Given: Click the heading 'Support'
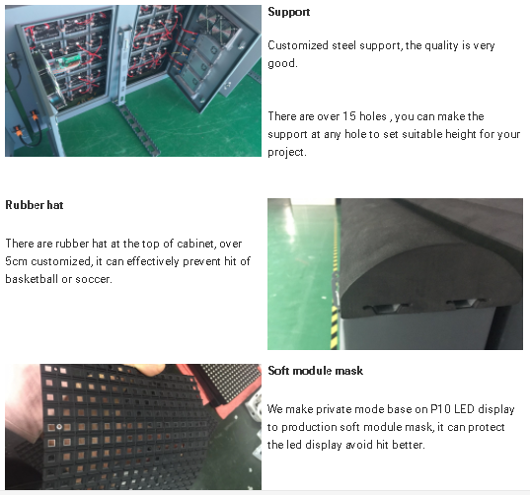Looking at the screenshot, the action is click(x=288, y=12).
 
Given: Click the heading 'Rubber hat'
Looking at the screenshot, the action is click(x=35, y=205).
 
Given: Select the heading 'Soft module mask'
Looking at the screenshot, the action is click(x=316, y=371).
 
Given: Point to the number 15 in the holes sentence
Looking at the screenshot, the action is click(x=349, y=116).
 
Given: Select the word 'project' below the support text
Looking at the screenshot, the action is click(x=287, y=152).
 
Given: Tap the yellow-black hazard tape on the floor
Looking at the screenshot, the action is click(x=335, y=287).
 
